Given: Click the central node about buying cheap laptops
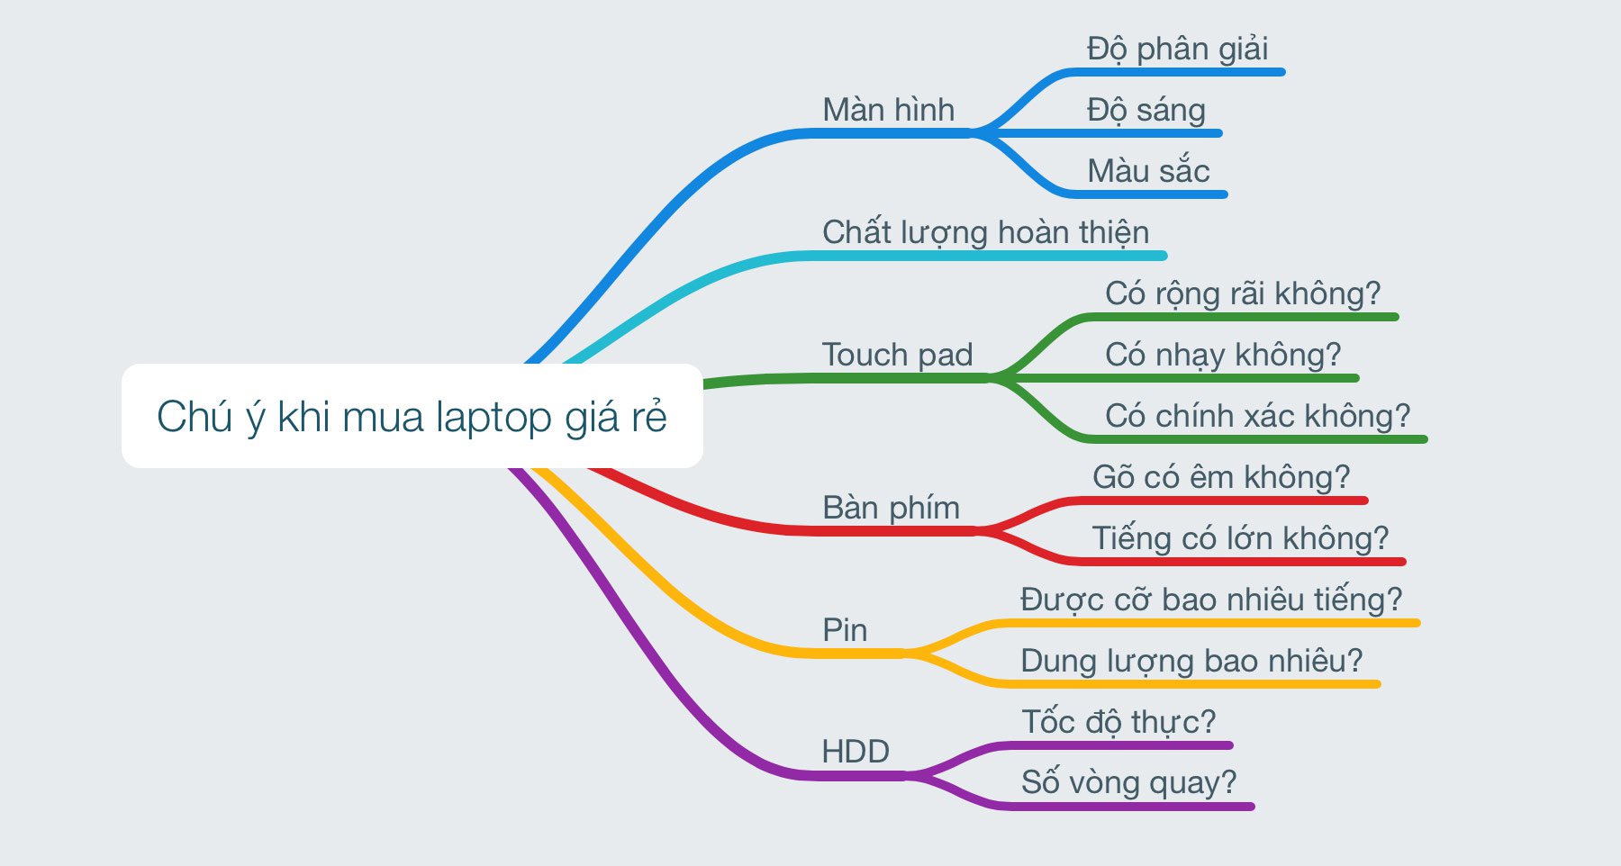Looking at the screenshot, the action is [412, 416].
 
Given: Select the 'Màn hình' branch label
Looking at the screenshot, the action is [888, 110].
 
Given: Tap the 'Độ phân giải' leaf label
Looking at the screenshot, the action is [1177, 50].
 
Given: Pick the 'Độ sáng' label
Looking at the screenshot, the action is [1146, 111].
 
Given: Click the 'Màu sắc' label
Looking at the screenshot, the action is [1148, 169].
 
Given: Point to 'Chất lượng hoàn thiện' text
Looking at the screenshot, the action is [985, 232].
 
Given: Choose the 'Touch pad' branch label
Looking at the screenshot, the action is [897, 355].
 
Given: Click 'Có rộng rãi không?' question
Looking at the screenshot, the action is [1243, 293].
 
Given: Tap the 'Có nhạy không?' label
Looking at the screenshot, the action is [1223, 355].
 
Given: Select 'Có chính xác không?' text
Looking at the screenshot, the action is [1257, 416].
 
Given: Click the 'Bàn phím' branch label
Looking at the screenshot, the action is [891, 508].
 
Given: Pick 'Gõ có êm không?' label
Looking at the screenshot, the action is [1221, 477].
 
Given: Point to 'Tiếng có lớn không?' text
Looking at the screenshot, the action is [1240, 538].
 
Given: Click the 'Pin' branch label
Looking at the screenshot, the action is [845, 630].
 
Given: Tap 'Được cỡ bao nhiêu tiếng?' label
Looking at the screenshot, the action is [1211, 600].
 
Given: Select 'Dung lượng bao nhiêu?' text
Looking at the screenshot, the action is [1191, 661].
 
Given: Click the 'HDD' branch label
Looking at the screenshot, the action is [856, 751].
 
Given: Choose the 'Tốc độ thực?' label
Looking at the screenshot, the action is [1118, 722].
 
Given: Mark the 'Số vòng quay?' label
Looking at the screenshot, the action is [1129, 782].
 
